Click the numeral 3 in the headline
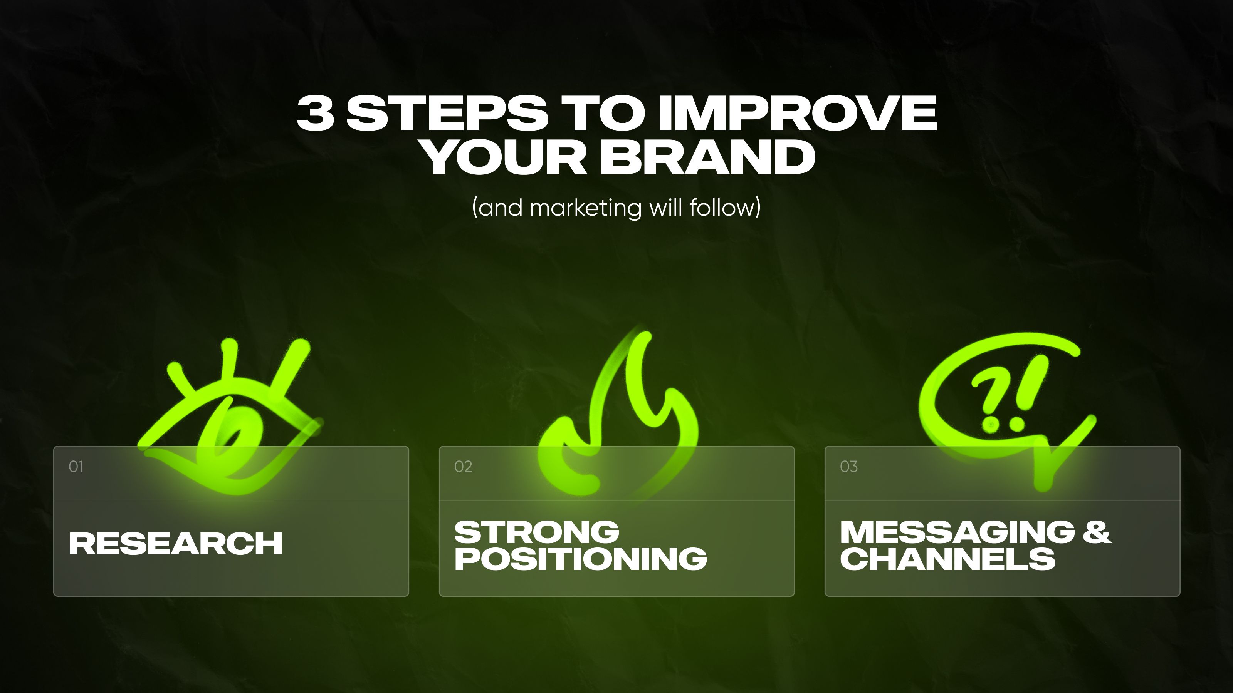point(315,113)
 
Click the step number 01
point(76,466)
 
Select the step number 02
point(463,466)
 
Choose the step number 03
point(848,466)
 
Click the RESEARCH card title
point(176,544)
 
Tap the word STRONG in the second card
point(537,532)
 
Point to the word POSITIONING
point(580,558)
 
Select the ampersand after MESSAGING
point(1097,532)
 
